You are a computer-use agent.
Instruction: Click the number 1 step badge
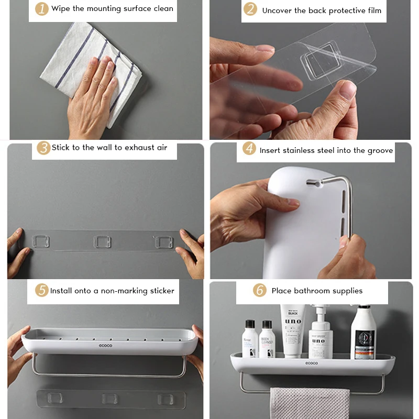(x=42, y=9)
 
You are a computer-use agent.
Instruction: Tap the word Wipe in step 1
(x=61, y=9)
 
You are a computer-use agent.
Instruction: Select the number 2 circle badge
(x=251, y=9)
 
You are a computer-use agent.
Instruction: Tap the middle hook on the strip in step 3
(x=102, y=242)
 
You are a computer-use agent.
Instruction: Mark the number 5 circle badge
(x=42, y=290)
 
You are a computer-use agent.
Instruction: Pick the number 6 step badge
(x=259, y=291)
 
